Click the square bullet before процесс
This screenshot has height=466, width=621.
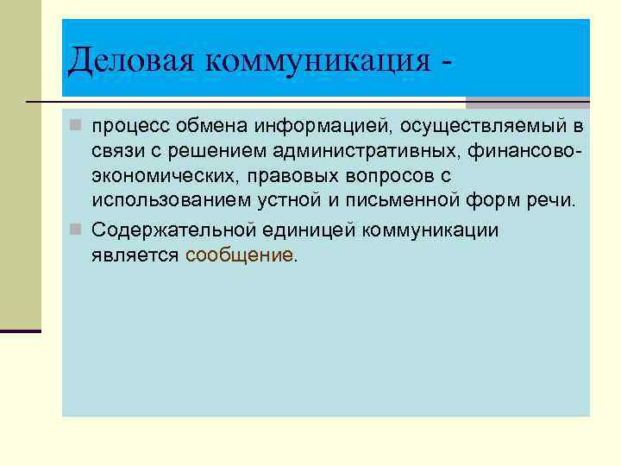coord(77,128)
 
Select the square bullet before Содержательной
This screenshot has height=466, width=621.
coord(77,230)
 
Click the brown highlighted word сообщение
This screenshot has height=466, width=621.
coord(239,255)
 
